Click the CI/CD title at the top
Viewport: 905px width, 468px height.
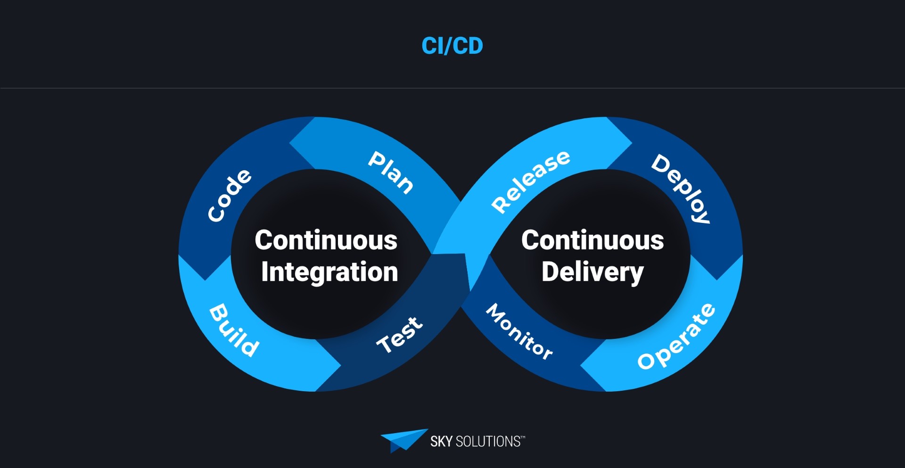[x=452, y=46]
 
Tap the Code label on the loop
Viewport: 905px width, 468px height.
[x=230, y=195]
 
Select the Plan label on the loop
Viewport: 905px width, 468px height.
[x=391, y=172]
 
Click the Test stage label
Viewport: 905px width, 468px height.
[x=400, y=335]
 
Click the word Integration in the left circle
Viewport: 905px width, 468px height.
[x=329, y=272]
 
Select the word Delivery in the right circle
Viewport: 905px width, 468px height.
[x=592, y=272]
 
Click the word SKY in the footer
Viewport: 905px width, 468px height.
[x=441, y=442]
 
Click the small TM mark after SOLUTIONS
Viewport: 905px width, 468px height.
[x=523, y=437]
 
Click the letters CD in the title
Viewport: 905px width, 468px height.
[x=469, y=46]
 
